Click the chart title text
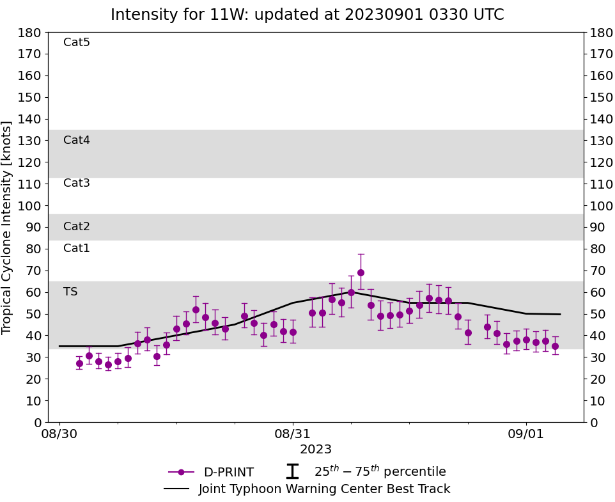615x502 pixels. pos(307,15)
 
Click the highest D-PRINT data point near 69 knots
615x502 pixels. pos(361,272)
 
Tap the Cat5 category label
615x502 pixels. pos(77,42)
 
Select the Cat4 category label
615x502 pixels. pos(77,140)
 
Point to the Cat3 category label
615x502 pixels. pos(77,183)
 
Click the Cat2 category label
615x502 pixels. pos(77,226)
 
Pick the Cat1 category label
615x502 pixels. pos(77,248)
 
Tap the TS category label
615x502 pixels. pos(70,292)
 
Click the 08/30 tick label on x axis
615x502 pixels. pos(59,433)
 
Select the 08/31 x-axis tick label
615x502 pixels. pos(293,433)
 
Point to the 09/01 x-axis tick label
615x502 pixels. pos(526,433)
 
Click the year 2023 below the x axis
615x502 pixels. pos(316,449)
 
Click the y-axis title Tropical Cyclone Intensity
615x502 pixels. pos(8,227)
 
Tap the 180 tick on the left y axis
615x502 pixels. pos(31,33)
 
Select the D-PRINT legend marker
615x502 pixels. pos(181,472)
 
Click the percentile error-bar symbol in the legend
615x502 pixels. pos(292,471)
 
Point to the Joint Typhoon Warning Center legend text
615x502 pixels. pos(324,489)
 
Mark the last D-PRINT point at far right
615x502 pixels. pos(555,346)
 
